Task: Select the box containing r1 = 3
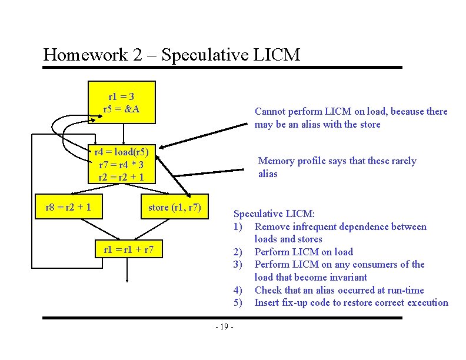121,102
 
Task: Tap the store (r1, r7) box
175,207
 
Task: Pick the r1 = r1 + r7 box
128,249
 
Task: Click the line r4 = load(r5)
122,152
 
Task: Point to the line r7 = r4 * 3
121,164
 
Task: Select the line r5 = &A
121,109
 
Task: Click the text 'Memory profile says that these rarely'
337,161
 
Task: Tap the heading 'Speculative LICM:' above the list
274,214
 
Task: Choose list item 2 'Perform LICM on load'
303,252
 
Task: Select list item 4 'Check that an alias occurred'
338,290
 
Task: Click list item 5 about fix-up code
351,303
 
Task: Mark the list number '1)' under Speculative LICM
238,227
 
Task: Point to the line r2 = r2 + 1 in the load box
121,177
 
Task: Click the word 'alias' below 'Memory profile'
268,174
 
